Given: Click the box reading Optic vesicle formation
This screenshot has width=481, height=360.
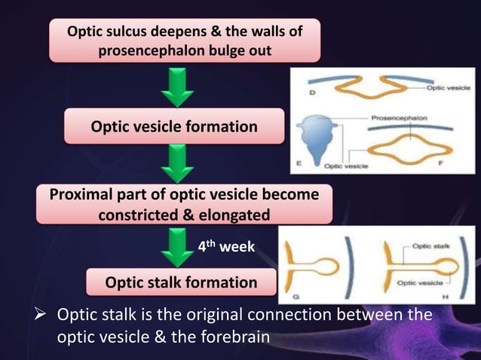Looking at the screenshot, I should click(x=174, y=126).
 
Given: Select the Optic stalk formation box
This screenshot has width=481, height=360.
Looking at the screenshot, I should click(x=181, y=282).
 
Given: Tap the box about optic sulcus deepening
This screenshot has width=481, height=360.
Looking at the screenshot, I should click(x=185, y=41).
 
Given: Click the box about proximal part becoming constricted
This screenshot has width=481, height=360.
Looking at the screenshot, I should click(x=184, y=204).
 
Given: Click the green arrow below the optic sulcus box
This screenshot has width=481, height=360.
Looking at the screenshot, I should click(x=178, y=87).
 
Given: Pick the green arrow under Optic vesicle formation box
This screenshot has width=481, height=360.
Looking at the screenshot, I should click(x=178, y=164).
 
